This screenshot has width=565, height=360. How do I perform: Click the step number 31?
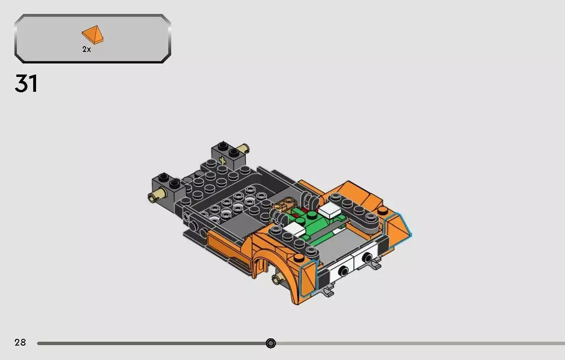[x=26, y=84]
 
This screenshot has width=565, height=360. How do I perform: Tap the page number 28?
[x=20, y=343]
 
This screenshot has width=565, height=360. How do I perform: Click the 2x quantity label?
[x=87, y=49]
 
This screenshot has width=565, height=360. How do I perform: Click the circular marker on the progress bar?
[x=271, y=343]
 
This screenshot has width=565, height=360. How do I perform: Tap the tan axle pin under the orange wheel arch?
[x=277, y=279]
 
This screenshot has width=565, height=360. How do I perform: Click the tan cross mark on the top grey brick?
[x=222, y=160]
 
